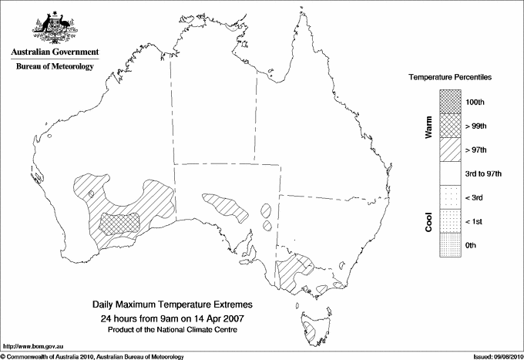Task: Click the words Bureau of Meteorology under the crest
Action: pos(55,66)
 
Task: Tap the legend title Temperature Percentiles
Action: pos(450,79)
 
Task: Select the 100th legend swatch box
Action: pos(452,102)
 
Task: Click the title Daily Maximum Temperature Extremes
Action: pos(172,305)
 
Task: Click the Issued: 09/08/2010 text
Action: pos(496,356)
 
